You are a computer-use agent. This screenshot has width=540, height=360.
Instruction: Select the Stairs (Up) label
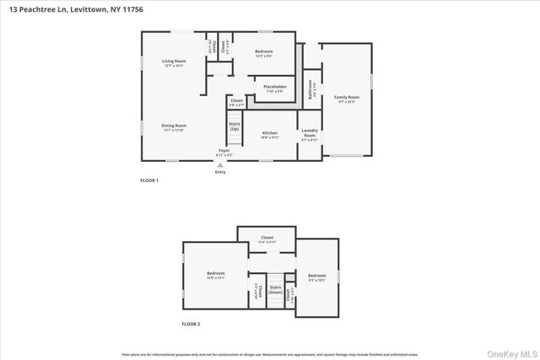tap(235, 127)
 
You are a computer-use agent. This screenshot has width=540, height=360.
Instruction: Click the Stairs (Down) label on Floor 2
tap(275, 289)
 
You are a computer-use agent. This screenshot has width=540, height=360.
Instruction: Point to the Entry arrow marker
tap(220, 166)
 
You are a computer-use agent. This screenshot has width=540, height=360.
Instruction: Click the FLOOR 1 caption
tap(148, 180)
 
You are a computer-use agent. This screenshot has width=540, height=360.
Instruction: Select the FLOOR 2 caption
tap(192, 324)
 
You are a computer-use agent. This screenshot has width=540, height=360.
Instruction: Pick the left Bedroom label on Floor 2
tap(216, 275)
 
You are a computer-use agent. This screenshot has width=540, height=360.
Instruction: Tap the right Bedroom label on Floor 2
tap(316, 277)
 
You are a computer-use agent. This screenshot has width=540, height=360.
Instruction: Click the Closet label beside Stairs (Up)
tap(236, 102)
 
